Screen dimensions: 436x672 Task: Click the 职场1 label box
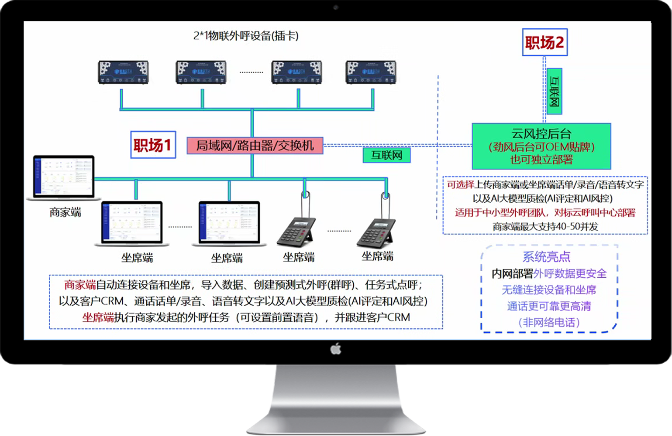tap(153, 145)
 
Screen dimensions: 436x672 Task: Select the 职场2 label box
tap(544, 42)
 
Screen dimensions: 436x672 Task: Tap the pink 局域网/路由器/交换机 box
tap(255, 146)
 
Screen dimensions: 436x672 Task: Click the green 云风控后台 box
tap(541, 146)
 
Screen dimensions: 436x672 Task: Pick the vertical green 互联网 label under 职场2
tap(554, 91)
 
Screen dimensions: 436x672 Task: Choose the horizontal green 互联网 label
tap(386, 155)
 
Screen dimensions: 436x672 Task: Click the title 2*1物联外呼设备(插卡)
tap(246, 36)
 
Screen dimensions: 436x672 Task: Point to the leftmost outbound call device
tap(123, 72)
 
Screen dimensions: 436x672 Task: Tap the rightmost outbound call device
tap(371, 72)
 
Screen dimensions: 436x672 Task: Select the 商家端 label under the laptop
tap(65, 212)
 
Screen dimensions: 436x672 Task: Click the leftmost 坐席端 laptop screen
tap(132, 222)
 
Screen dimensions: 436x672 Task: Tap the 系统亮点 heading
tap(546, 256)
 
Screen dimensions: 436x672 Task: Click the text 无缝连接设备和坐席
tap(549, 290)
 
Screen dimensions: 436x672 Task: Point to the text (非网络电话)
tap(549, 323)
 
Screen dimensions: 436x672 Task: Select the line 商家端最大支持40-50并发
tap(545, 227)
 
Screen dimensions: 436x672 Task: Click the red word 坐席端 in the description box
tap(98, 317)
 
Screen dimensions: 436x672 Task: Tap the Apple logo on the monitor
tap(335, 349)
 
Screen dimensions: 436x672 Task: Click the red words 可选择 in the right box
tap(460, 185)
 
